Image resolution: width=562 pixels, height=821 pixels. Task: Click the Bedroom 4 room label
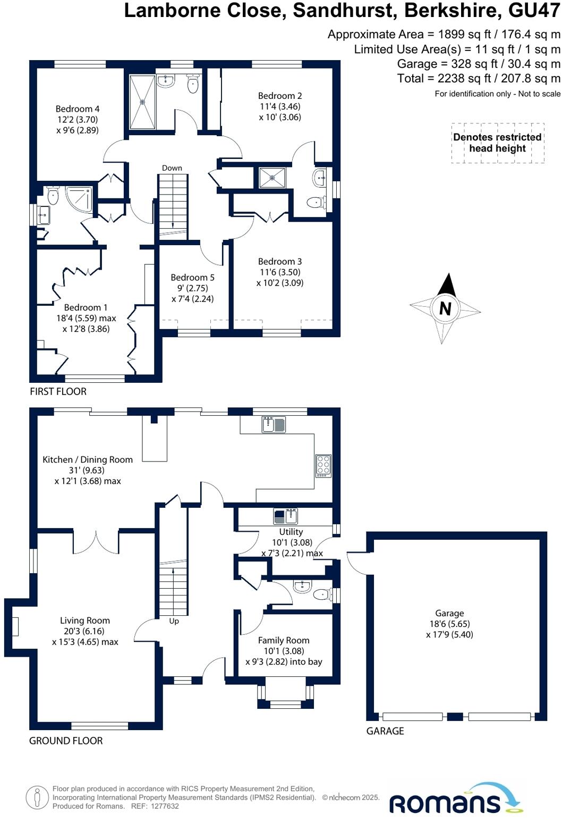pos(78,109)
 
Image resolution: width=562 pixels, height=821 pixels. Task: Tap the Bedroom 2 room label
pos(280,96)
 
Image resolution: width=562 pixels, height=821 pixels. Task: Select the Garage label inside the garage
pos(449,613)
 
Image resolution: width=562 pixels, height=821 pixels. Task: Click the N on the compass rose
pos(445,308)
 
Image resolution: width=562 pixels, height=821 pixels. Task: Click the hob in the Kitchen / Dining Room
pos(323,465)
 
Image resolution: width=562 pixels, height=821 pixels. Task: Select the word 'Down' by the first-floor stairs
pos(172,168)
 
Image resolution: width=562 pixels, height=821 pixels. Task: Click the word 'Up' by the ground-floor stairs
pos(174,621)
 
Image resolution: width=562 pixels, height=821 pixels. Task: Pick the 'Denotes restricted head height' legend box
pos(497,143)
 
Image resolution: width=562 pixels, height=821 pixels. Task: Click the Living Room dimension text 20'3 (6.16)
pos(85,631)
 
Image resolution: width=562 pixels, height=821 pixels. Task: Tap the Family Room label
pos(284,641)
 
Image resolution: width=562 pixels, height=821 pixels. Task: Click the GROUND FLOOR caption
pos(66,741)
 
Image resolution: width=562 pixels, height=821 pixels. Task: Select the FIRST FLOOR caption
pos(58,391)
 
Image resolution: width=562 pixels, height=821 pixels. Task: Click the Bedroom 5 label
pos(192,278)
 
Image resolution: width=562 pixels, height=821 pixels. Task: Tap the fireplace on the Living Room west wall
pos(15,626)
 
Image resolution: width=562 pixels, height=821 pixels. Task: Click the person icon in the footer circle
pos(37,798)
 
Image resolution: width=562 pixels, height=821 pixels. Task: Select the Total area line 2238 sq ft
pos(479,79)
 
